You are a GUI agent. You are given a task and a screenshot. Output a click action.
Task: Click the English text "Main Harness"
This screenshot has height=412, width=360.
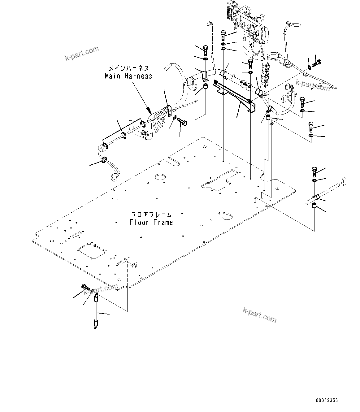coord(128,76)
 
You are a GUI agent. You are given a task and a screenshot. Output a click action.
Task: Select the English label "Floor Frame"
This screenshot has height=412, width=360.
coord(151,222)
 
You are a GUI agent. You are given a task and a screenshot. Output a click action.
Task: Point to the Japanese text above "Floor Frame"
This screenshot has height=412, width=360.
coord(151,215)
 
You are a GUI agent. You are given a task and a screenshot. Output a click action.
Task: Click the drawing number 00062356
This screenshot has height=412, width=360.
coord(327,400)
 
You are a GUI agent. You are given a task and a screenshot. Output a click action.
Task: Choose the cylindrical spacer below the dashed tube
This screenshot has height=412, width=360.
coord(314,206)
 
